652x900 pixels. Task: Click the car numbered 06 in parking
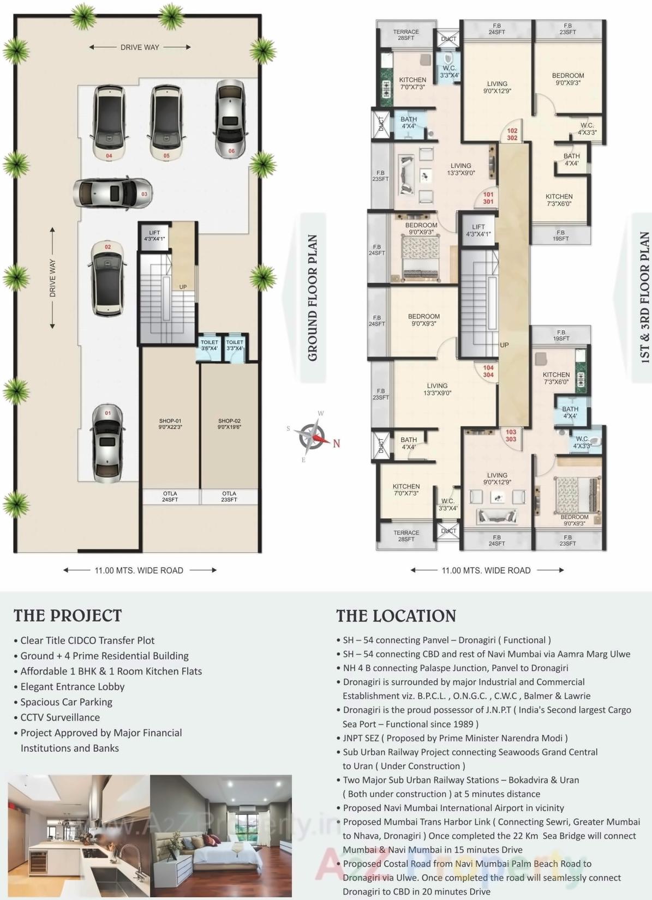pos(230,119)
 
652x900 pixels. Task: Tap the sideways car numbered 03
pos(112,192)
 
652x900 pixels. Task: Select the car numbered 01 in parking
pos(107,443)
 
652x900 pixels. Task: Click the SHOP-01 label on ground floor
pos(170,424)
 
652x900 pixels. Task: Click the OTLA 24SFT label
pos(170,496)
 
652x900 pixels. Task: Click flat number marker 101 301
pos(488,198)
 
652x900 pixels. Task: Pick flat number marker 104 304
pos(488,371)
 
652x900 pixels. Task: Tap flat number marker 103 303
pos(511,435)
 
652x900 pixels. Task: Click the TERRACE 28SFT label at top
pos(406,35)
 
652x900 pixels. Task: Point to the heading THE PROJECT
pos(68,615)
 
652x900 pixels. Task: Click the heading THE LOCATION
pos(396,616)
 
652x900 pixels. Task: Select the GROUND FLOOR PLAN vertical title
pos(313,298)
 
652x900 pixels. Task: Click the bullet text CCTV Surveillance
pos(60,717)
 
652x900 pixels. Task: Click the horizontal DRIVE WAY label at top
pos(140,47)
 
